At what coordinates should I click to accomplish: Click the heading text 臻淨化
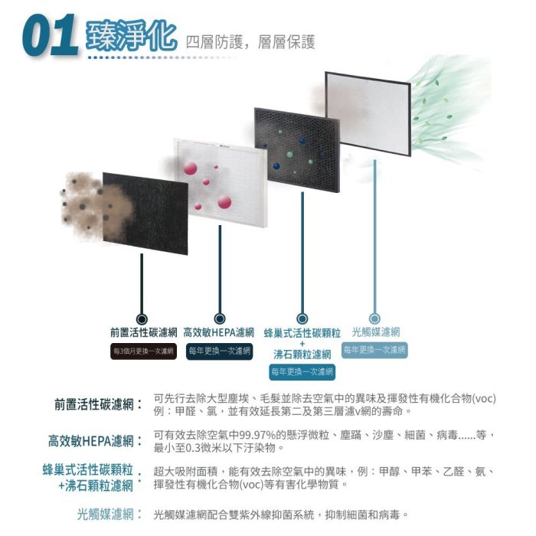click(x=132, y=35)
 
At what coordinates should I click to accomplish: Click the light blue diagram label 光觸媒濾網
click(x=375, y=332)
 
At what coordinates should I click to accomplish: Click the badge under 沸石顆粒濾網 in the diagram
click(x=302, y=371)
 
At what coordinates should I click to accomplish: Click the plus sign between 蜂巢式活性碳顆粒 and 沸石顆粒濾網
click(x=302, y=344)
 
